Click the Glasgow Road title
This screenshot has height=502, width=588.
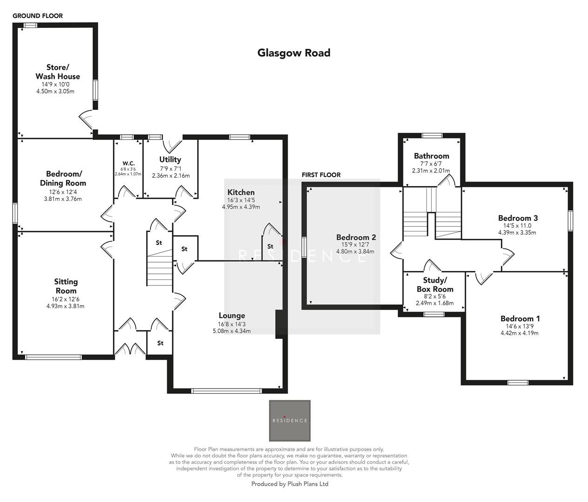coord(294,53)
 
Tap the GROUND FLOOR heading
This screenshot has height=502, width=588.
coord(38,16)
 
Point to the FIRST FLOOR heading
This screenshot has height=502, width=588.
coord(321,175)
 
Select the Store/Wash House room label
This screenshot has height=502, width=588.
coord(58,72)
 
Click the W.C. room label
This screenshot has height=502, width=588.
coord(128,163)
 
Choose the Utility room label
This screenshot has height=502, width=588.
coord(170,159)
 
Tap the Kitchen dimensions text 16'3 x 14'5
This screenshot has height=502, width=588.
coord(241,200)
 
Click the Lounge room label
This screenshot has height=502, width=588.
coord(231,316)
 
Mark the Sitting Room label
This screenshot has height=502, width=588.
coord(66,286)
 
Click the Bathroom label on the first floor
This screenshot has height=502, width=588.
coord(432,156)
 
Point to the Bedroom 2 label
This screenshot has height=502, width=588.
coord(356,238)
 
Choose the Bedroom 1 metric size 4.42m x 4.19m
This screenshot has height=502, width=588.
coord(520,333)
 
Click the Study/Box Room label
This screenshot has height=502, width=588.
coord(434,284)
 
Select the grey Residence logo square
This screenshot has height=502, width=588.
coord(290,421)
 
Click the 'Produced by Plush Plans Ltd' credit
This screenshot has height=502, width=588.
coord(290,484)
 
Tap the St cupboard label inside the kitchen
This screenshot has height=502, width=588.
coord(270,246)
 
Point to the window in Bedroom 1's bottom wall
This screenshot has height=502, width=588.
coord(518,383)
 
